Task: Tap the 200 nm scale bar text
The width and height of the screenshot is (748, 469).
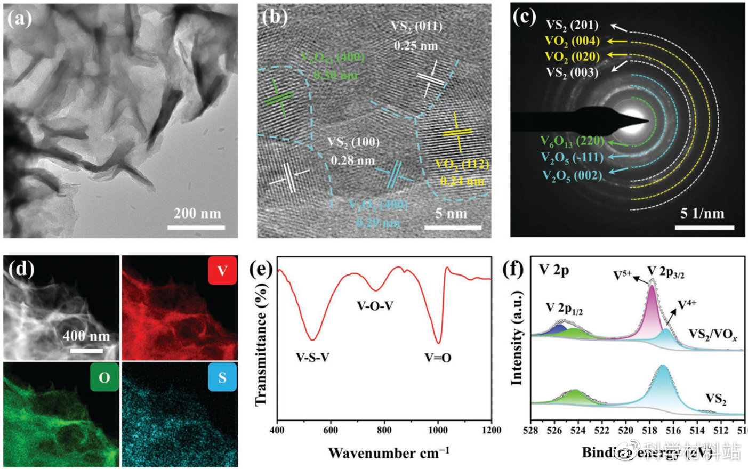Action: point(197,213)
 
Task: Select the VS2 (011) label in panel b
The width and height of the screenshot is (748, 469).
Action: point(416,26)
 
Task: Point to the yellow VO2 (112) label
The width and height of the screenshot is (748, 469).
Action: point(462,164)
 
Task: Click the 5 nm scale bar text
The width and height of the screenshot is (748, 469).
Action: point(451,214)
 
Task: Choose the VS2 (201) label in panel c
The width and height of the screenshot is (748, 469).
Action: point(572,25)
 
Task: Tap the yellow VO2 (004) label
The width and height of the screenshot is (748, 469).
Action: point(572,41)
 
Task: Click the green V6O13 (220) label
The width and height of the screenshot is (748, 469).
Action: point(572,141)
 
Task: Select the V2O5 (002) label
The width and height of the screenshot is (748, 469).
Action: point(572,175)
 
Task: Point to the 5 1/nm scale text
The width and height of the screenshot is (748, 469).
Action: point(702,214)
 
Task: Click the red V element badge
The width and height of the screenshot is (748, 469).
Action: point(222,271)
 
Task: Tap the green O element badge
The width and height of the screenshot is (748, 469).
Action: point(104,377)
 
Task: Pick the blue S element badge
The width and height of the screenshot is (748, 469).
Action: point(222,377)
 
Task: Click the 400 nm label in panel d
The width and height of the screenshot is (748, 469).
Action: point(86,336)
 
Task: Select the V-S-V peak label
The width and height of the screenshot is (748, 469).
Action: point(312,358)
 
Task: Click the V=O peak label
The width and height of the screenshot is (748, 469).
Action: point(438,358)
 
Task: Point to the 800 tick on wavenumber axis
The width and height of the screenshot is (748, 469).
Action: point(384,431)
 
